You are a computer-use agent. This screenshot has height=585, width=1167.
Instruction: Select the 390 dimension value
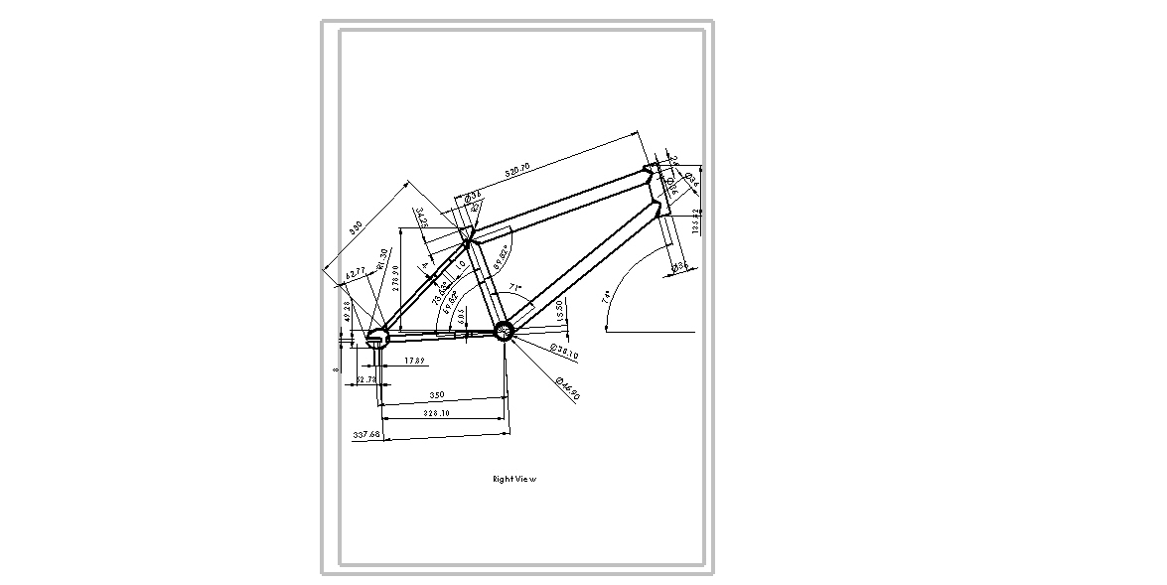[357, 227]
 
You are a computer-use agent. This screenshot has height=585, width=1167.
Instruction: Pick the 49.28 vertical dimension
[347, 311]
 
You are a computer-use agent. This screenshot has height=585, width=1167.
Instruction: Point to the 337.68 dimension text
[367, 434]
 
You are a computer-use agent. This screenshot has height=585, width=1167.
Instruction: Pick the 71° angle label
[514, 287]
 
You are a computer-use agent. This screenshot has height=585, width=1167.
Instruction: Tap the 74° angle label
[607, 297]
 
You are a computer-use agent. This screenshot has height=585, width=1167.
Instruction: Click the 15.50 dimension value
[560, 310]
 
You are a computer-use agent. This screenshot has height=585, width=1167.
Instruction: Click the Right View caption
[514, 480]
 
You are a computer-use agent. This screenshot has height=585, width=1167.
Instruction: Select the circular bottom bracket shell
[503, 331]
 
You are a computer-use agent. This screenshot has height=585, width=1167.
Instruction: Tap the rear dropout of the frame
[376, 338]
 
